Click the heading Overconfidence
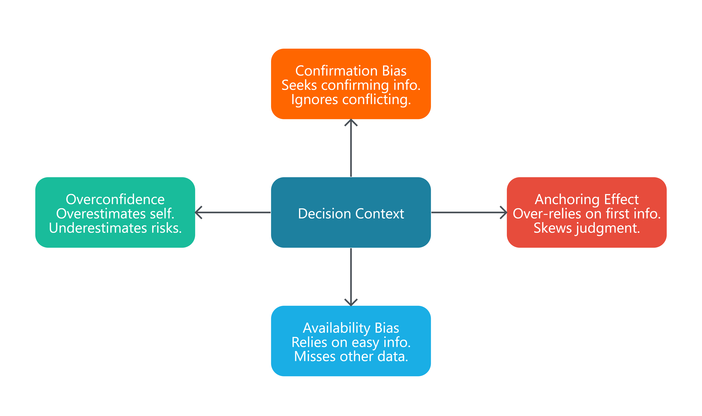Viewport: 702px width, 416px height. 115,199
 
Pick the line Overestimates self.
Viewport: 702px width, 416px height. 115,214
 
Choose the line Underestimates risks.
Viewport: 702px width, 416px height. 115,228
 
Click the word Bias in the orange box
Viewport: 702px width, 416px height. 394,71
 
